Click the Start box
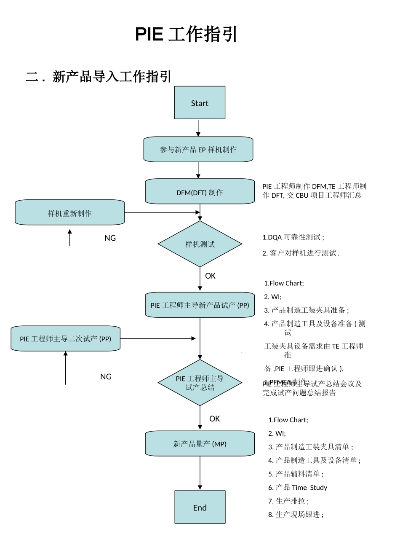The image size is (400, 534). (200, 103)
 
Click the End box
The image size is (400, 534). (200, 507)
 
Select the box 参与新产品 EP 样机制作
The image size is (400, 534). (198, 149)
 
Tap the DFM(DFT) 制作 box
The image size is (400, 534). (200, 192)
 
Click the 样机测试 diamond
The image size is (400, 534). (200, 244)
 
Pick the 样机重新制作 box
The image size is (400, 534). (69, 213)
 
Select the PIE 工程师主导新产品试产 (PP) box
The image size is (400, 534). (200, 305)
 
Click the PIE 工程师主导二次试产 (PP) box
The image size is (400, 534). (65, 338)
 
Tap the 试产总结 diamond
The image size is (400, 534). (200, 383)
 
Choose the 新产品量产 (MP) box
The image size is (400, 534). (200, 443)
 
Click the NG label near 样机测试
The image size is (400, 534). (110, 238)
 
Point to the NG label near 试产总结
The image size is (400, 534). (106, 376)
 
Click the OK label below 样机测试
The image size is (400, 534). (210, 276)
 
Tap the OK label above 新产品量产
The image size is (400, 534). (214, 419)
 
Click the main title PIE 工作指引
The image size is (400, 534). (186, 34)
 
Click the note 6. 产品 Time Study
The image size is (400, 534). (297, 487)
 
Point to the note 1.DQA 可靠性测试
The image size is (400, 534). (293, 237)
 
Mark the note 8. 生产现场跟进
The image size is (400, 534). (296, 514)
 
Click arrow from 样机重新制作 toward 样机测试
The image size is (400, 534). (162, 212)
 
